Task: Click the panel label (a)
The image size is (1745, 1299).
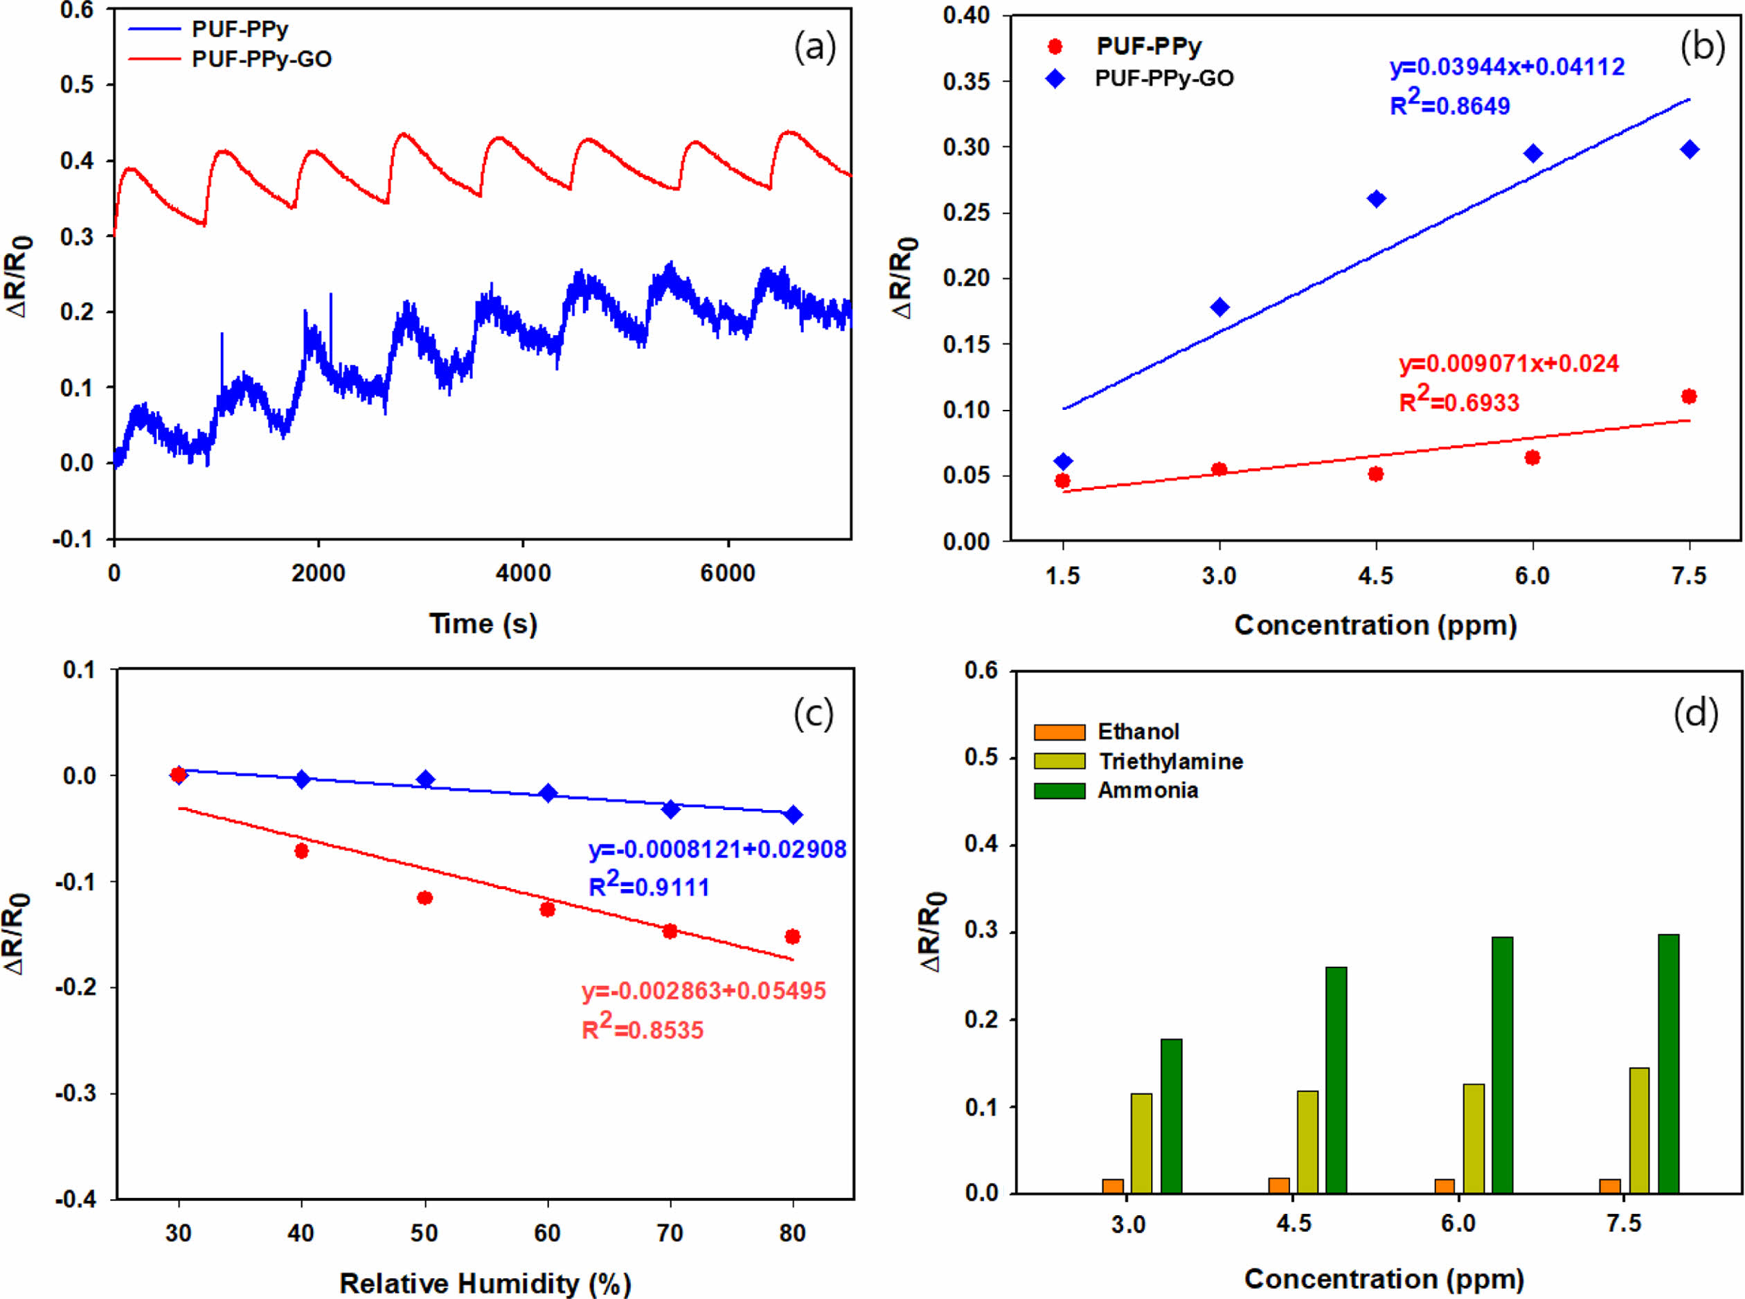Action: pos(815,47)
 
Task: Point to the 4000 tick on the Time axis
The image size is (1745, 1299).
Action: pos(523,573)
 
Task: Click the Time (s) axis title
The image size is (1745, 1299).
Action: pos(483,624)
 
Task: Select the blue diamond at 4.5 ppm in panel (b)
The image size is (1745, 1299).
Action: pos(1376,199)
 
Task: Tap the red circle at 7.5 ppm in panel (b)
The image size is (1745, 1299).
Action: pos(1688,396)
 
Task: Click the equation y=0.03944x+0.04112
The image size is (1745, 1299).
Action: pos(1507,67)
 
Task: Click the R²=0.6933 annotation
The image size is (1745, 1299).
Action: pos(1459,402)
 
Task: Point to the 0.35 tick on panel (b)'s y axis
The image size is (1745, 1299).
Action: pos(967,82)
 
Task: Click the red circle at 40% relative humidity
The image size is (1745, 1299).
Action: pos(301,851)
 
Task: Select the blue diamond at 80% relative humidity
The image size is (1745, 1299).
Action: pos(793,814)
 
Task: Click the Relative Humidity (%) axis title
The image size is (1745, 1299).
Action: pos(485,1283)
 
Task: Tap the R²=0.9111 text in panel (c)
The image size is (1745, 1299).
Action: pos(649,887)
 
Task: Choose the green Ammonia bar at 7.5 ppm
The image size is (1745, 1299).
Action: pos(1668,1063)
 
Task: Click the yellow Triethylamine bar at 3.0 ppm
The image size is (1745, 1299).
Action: pos(1141,1143)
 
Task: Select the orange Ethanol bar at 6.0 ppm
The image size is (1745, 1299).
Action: pos(1444,1185)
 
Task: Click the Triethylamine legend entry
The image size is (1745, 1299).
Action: pos(1170,761)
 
